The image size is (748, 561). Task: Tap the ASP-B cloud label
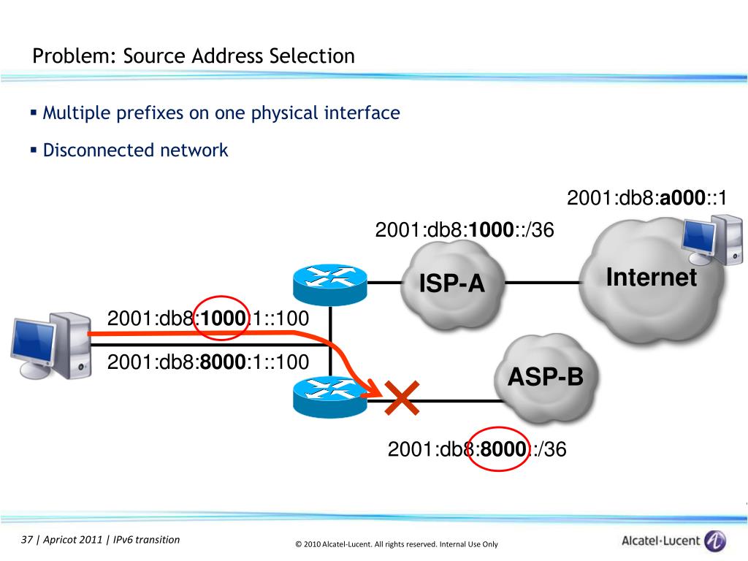[x=546, y=378]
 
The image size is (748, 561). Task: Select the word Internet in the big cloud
[x=652, y=278]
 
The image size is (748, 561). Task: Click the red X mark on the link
[x=402, y=398]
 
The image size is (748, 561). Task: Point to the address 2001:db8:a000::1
[x=646, y=199]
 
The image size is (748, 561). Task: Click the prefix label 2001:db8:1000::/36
[x=465, y=230]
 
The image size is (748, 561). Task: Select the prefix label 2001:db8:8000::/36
[x=477, y=449]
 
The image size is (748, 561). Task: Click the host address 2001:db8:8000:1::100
[x=208, y=362]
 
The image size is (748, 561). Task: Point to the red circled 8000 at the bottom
[x=503, y=449]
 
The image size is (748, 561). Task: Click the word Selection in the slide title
[x=310, y=56]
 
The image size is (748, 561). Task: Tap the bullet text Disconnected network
[x=135, y=150]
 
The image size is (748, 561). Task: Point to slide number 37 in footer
[x=28, y=540]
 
